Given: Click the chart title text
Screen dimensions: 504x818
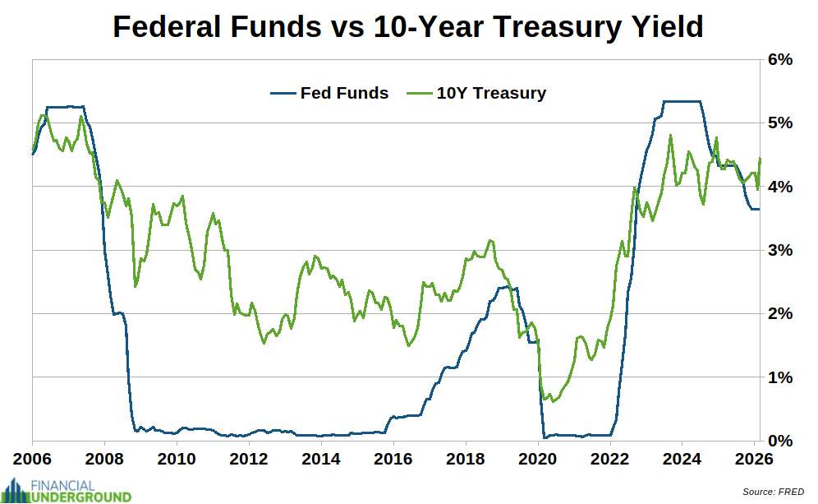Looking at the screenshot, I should [x=407, y=27].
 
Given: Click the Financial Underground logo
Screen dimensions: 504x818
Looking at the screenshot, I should [x=67, y=490].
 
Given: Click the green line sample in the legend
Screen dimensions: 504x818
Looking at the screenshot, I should [x=418, y=93].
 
